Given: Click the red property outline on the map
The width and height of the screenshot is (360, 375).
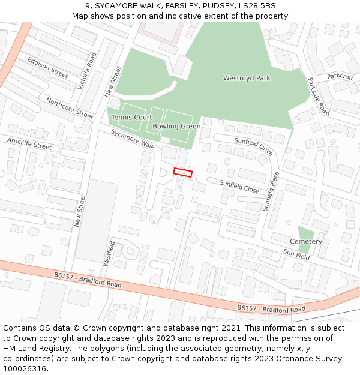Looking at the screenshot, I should tap(183, 173).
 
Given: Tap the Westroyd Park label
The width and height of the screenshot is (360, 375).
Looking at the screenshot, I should tap(247, 78).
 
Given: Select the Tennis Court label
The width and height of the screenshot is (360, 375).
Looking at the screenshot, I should tap(131, 118).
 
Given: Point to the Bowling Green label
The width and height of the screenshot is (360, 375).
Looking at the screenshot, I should tap(176, 127).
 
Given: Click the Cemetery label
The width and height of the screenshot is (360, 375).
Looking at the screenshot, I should tap(306, 241).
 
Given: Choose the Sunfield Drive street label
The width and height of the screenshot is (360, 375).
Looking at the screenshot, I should tap(254, 146).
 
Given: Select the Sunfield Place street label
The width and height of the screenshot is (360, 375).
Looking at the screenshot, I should tap(271, 191).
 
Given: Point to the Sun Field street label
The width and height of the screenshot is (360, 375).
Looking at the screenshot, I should tap(296, 254).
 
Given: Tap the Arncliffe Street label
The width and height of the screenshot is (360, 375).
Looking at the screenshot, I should tap(29, 143).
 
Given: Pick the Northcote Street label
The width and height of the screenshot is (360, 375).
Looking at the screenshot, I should tap(70, 108).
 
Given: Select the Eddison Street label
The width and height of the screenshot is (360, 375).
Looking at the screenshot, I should tap(48, 67).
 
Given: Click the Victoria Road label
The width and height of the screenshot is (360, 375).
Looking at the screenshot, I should tap(87, 71).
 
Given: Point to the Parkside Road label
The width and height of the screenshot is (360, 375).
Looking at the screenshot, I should tap(319, 97).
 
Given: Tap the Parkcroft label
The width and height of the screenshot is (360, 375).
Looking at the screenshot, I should tap(340, 77).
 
